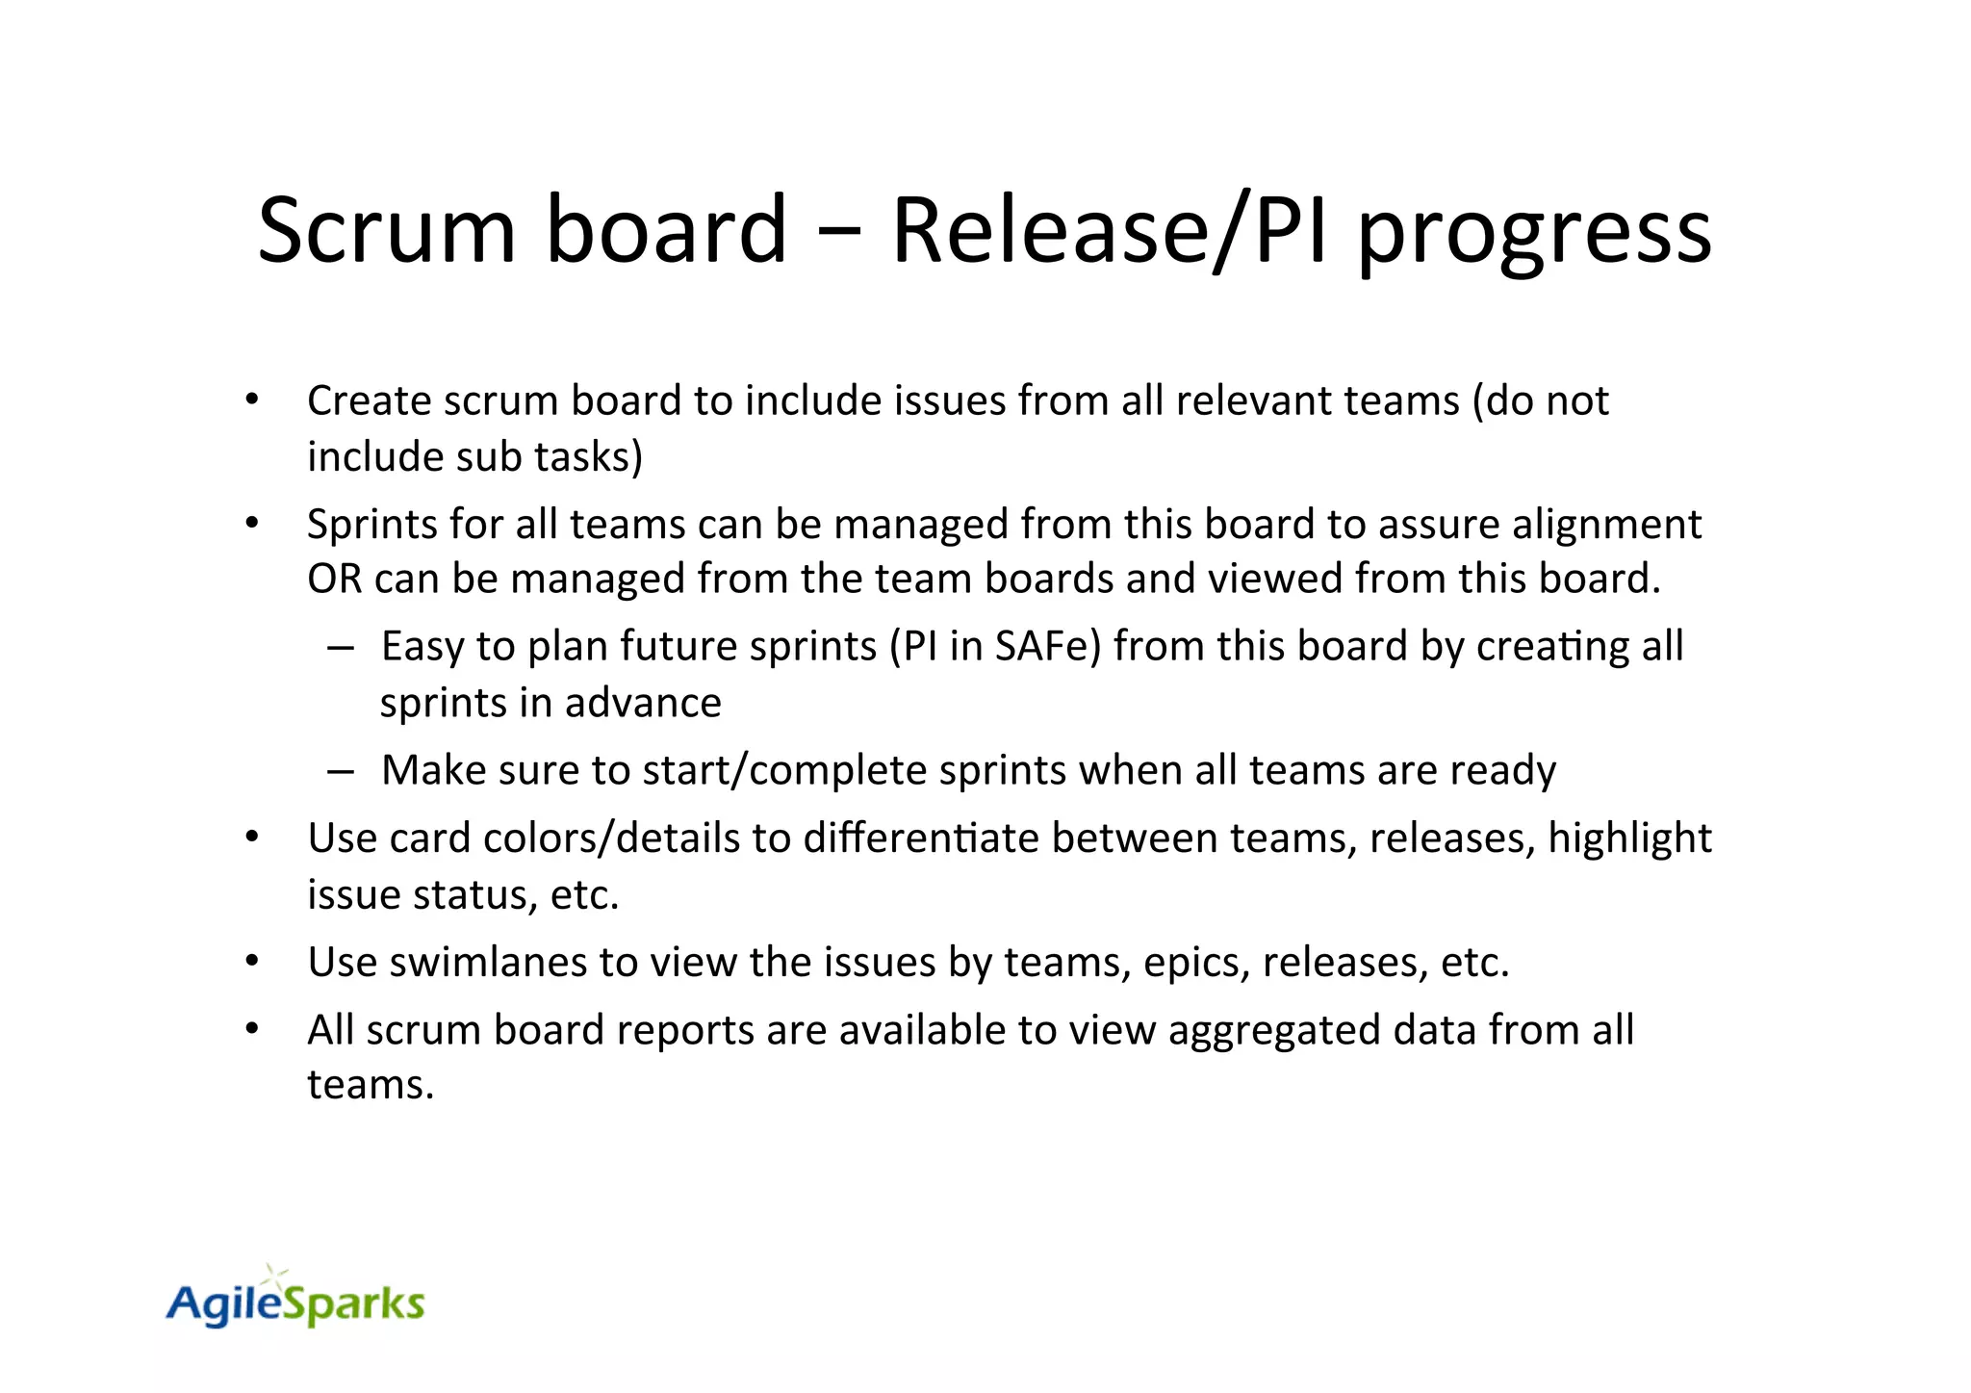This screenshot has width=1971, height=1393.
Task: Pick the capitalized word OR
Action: click(x=333, y=579)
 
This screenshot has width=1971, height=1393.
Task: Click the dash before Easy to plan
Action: click(x=341, y=647)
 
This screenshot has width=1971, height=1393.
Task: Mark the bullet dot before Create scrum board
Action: click(x=252, y=400)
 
